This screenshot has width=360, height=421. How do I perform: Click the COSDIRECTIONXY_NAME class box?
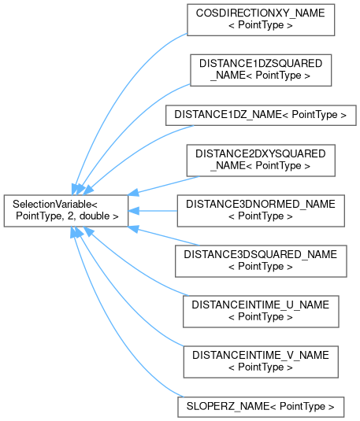[261, 20]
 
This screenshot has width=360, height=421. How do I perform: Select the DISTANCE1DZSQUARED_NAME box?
[261, 70]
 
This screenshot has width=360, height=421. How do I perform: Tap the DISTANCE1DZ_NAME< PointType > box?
[261, 115]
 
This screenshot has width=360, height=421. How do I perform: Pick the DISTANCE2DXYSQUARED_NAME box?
[261, 161]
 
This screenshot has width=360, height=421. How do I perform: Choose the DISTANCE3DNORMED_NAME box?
[261, 211]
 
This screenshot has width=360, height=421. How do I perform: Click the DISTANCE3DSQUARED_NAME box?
[261, 261]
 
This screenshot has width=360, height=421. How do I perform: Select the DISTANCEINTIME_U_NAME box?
[261, 312]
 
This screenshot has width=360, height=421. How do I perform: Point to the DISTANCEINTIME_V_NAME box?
[261, 362]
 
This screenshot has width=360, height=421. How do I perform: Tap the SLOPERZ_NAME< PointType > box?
[261, 407]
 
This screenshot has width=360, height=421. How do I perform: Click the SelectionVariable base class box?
[66, 211]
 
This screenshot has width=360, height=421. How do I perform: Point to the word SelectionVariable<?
[55, 205]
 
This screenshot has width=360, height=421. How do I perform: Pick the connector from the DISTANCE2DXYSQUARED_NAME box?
[164, 186]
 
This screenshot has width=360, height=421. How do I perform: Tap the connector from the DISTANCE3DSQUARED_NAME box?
[164, 236]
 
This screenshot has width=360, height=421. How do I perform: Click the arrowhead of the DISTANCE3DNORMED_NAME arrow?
[133, 211]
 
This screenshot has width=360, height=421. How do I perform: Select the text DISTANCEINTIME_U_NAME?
[260, 305]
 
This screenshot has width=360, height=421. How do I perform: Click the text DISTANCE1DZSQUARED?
[261, 64]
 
